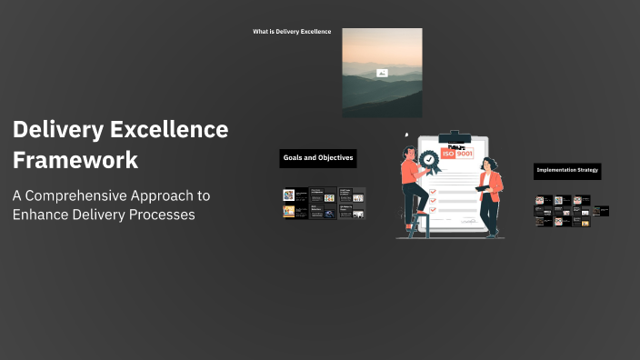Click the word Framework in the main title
pos(75,160)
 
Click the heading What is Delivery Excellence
pos(292,32)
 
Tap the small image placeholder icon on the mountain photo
pos(382,73)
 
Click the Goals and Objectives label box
pos(318,158)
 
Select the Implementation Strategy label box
pos(567,171)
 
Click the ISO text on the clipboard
pos(447,155)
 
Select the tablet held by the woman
pos(482,188)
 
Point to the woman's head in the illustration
pos(488,165)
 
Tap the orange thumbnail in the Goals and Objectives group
pos(289,212)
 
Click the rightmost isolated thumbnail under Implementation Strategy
pos(602,211)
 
